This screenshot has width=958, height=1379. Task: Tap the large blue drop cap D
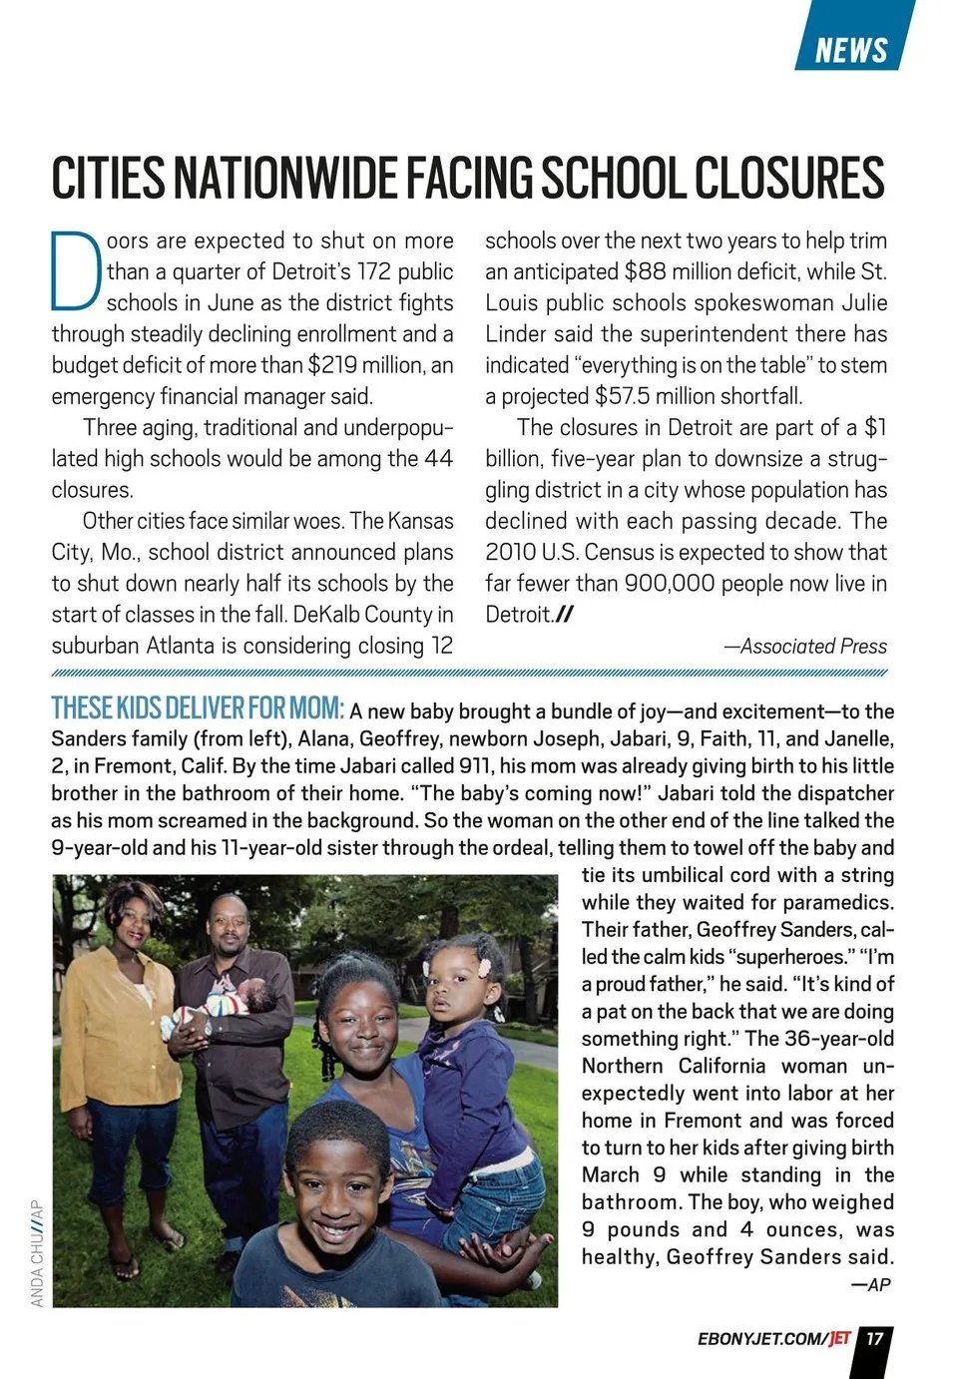75,270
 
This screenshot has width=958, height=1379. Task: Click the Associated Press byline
805,647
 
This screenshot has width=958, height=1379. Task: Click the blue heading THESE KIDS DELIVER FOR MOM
198,708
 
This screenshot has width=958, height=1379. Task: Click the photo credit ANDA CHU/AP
38,1253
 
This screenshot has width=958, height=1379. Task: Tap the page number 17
874,1339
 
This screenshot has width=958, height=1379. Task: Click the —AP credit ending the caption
870,1285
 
